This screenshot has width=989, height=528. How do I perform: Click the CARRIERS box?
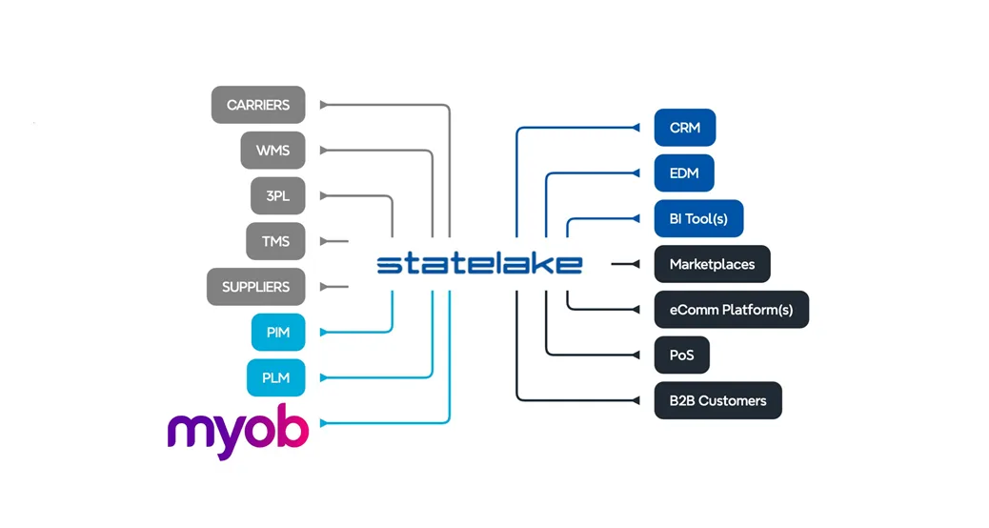[258, 105]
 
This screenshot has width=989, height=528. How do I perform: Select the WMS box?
[272, 151]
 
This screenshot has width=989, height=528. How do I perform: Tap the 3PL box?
[277, 196]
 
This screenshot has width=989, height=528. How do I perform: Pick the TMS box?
[275, 241]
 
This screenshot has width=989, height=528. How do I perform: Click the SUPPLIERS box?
[255, 287]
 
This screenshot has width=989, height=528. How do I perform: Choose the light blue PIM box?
[278, 333]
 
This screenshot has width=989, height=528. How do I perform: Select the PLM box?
[275, 378]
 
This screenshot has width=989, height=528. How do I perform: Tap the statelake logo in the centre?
[479, 264]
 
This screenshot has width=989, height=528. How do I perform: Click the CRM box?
[685, 128]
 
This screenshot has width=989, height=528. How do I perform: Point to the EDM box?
[684, 173]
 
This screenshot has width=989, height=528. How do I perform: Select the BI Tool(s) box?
[698, 219]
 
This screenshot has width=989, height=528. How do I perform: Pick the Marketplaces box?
[712, 264]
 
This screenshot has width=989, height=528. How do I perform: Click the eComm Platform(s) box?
[731, 310]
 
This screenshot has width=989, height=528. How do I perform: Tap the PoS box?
[681, 355]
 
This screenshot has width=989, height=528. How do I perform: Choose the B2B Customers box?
[717, 400]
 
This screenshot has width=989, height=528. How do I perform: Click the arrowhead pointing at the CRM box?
[636, 128]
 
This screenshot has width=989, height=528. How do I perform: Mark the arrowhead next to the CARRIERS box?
[324, 105]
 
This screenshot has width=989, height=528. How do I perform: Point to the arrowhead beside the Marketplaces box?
[636, 264]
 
